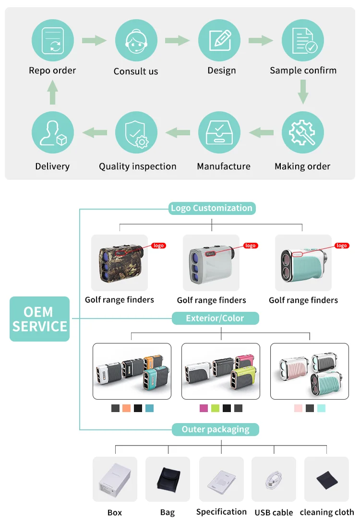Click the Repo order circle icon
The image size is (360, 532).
point(53,40)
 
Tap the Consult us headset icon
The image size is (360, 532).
point(136,40)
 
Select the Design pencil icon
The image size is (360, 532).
point(219,40)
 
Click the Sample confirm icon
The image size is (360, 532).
point(302,40)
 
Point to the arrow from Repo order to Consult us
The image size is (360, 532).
point(94,40)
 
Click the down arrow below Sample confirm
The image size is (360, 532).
point(302,92)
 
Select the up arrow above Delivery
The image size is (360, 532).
point(53,93)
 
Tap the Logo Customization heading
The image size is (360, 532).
point(212,208)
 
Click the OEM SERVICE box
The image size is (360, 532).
point(40,319)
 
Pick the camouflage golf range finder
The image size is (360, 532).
point(120,262)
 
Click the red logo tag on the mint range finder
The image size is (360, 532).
point(341,246)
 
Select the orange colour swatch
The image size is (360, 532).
point(127,408)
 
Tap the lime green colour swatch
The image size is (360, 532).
point(215,408)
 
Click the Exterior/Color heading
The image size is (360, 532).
point(215,318)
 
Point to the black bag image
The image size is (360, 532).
point(168,479)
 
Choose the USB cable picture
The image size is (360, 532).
point(274,479)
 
